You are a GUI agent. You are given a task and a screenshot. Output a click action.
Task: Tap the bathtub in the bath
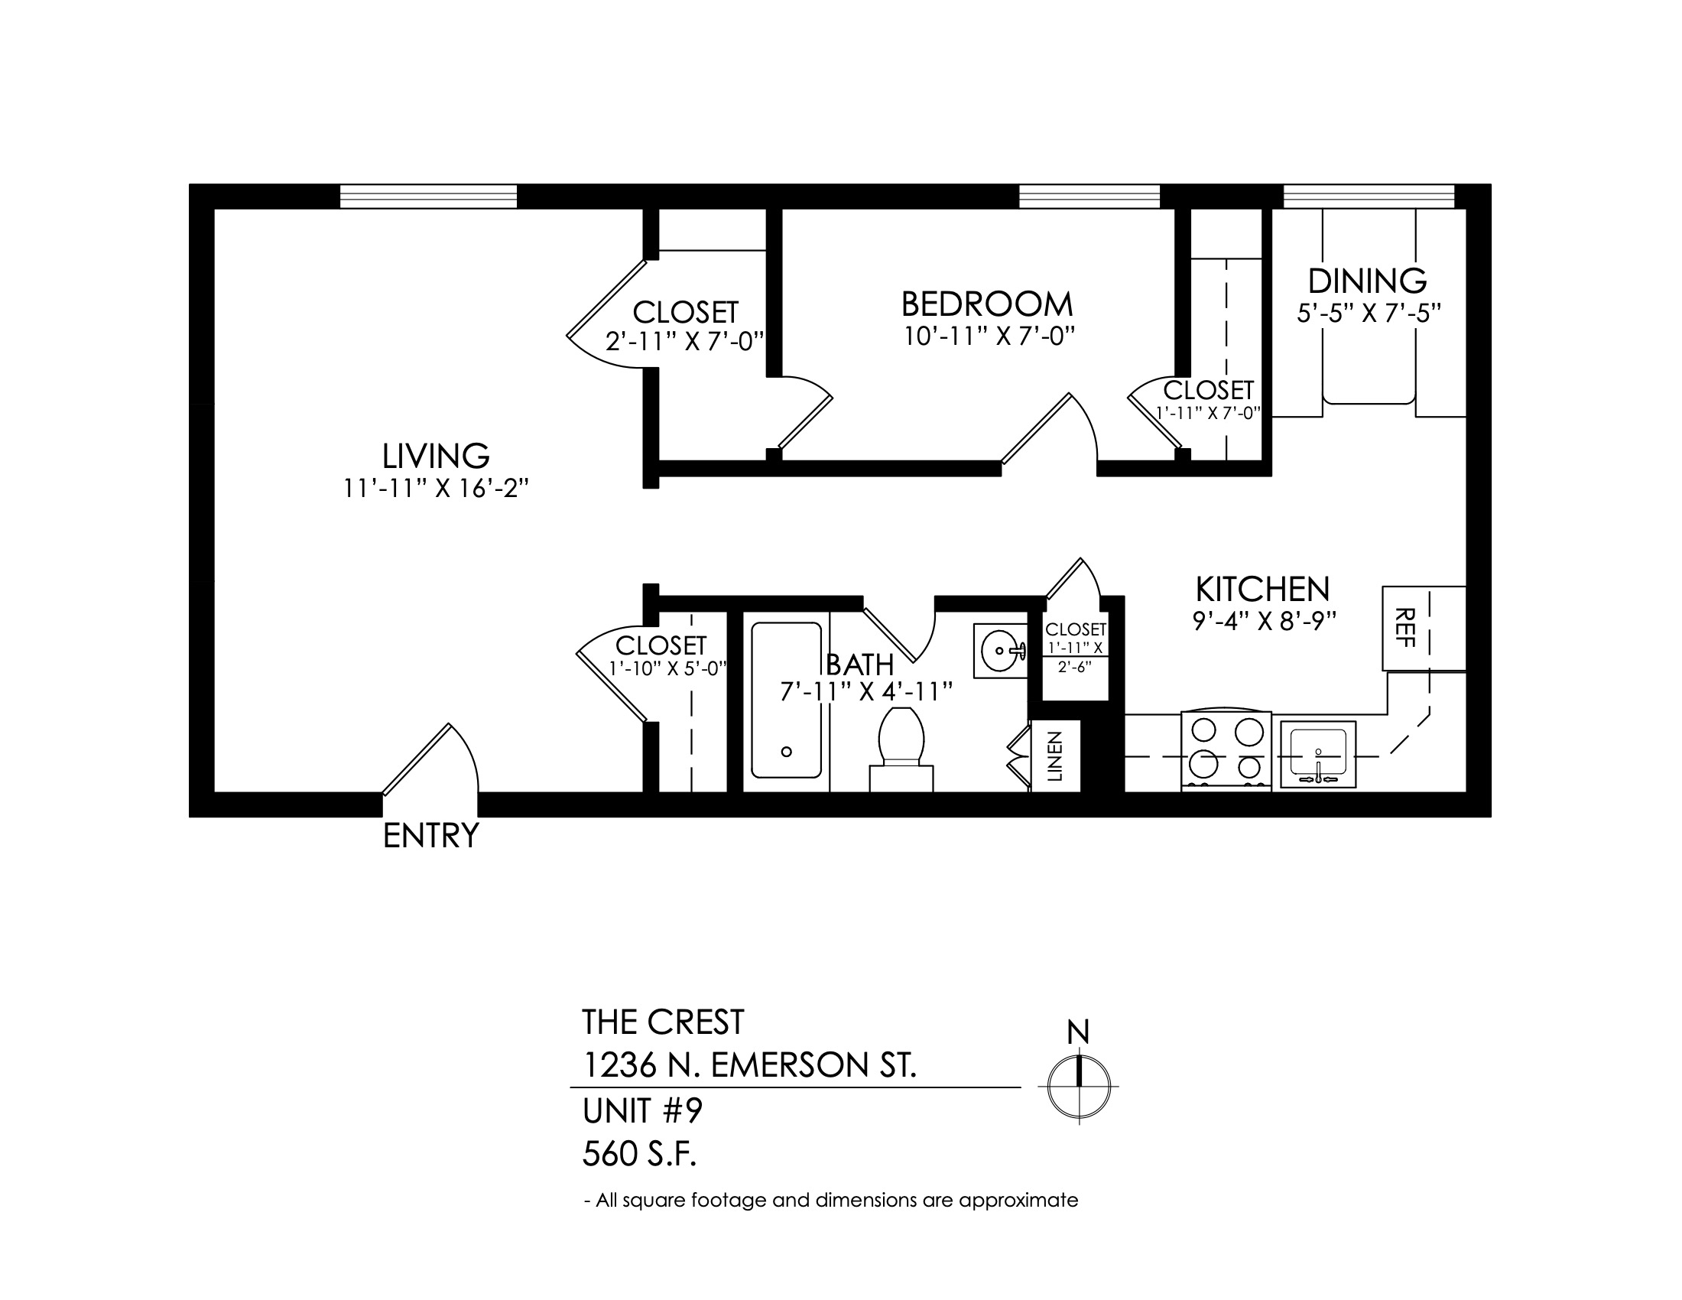[786, 700]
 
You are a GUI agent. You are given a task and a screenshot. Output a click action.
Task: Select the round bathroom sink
[1002, 651]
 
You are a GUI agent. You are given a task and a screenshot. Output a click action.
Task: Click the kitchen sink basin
[1318, 754]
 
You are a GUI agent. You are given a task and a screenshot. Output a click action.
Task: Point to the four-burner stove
[1226, 750]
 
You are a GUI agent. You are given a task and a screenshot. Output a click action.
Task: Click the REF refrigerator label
[1406, 628]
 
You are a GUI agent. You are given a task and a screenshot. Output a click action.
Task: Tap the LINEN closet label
[1055, 756]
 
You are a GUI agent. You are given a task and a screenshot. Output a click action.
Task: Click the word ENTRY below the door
[431, 836]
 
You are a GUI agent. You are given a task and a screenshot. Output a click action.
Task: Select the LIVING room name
[436, 456]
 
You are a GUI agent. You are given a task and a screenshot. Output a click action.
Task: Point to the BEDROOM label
[987, 304]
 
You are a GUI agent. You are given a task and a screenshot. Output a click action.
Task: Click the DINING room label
[1368, 281]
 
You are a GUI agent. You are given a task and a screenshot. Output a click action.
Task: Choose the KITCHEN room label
[1263, 589]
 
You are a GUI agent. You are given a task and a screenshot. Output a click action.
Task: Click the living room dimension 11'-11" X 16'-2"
[437, 489]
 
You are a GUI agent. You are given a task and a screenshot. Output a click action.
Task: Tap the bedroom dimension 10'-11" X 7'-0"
[989, 336]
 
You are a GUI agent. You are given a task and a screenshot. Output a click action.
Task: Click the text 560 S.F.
[639, 1155]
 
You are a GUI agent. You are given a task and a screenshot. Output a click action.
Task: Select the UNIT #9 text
[643, 1111]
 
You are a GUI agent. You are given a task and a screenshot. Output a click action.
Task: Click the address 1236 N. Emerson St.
[749, 1066]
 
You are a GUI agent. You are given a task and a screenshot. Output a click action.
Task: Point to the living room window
[428, 197]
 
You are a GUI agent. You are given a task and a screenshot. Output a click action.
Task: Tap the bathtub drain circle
[786, 752]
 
